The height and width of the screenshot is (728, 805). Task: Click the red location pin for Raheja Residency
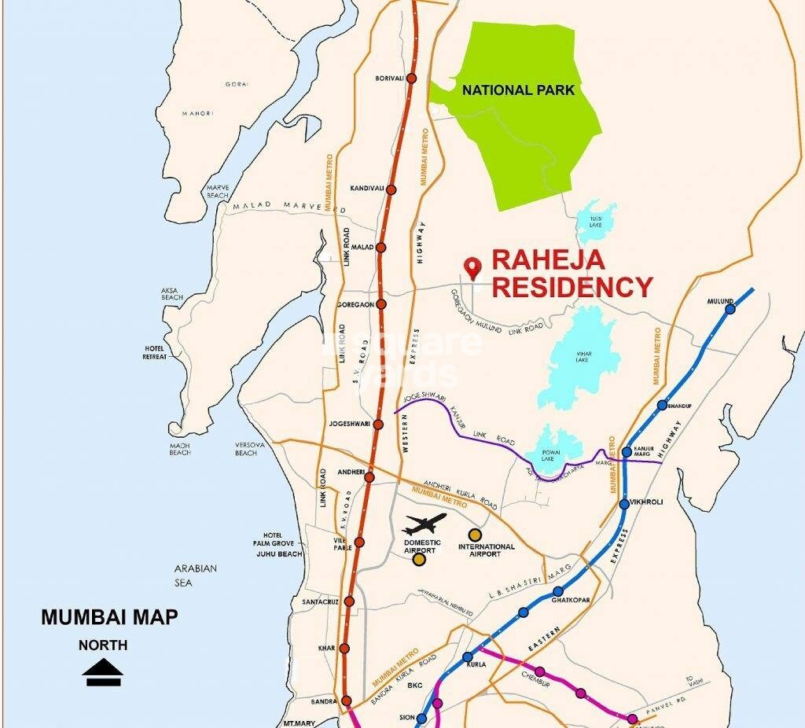coord(472,268)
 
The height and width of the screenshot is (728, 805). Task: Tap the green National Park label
coord(518,90)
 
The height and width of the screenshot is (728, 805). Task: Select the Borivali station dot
coord(410,79)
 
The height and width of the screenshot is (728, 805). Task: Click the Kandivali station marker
coord(391,189)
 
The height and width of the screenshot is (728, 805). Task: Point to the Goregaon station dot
coord(381,304)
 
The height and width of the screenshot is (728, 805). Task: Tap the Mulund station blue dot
coord(730,309)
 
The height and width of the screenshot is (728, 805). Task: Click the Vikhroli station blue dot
coord(624,503)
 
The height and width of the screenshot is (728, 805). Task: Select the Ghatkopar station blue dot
coord(558,591)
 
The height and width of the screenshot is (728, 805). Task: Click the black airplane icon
coord(424,524)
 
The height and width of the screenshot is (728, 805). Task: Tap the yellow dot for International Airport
coord(474,535)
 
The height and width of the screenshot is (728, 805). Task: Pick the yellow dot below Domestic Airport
coord(419,560)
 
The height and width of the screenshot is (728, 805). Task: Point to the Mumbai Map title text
coord(109,617)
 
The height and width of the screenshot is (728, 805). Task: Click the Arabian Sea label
coord(196,575)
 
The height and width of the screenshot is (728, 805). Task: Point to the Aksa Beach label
coord(172,294)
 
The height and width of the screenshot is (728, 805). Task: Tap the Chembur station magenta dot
coord(540,671)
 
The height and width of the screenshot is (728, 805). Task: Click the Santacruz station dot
coord(349,601)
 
